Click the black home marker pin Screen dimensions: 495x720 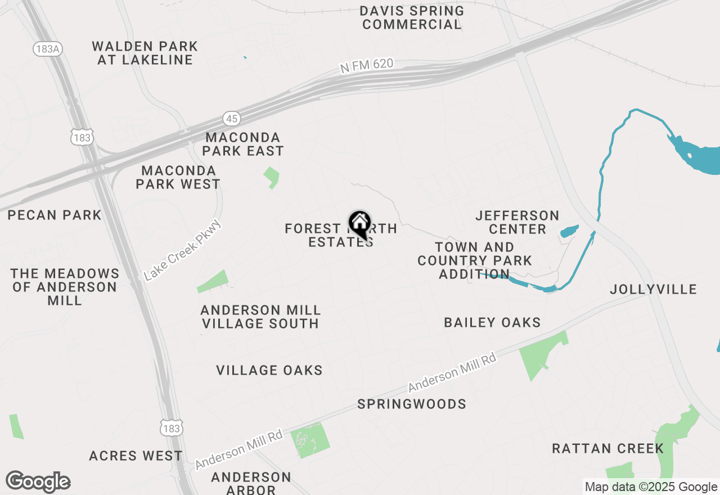pos(359,224)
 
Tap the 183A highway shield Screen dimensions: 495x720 pos(47,49)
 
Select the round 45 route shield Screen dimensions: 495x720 pos(232,118)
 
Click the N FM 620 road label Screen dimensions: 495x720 pos(367,65)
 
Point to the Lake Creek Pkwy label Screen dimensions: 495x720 pos(183,251)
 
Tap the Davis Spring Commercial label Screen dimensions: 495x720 pos(412,17)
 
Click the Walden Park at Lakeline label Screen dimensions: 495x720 pos(145,53)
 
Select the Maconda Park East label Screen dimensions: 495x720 pos(243,144)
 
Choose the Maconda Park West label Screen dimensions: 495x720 pos(178,177)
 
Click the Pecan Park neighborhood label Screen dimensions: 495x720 pos(55,215)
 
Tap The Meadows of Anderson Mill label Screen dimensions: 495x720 pos(65,287)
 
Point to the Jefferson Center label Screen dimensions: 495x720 pos(517,222)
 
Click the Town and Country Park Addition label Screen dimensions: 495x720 pos(475,260)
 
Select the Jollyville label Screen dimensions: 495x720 pos(654,289)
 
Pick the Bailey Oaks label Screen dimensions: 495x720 pos(492,322)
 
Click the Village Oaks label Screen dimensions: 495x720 pos(269,370)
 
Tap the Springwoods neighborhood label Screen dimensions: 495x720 pos(412,404)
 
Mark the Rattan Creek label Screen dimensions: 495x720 pos(607,448)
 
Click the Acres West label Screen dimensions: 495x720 pos(136,456)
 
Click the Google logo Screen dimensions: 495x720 pos(38,481)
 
